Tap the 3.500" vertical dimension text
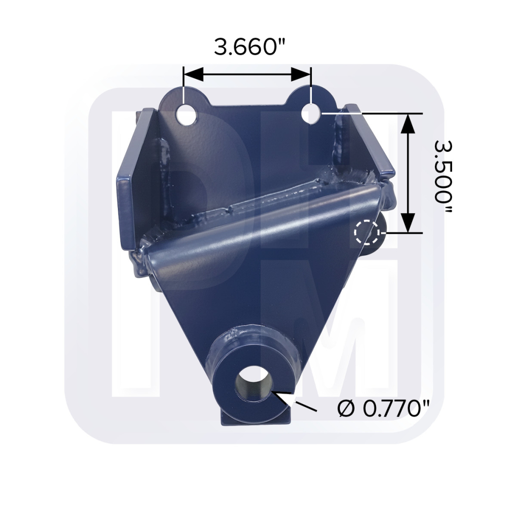(442, 172)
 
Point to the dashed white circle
(367, 232)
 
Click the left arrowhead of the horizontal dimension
(193, 75)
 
